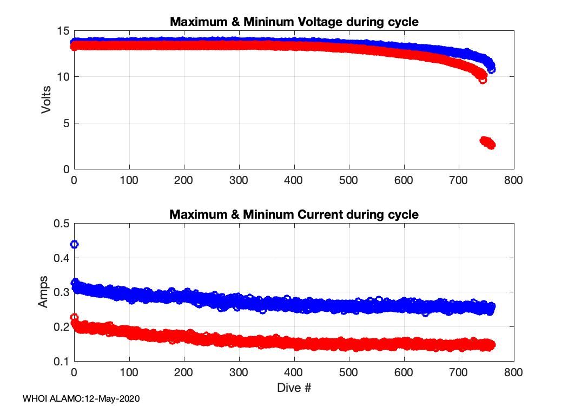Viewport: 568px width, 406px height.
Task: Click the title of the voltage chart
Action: tap(294, 22)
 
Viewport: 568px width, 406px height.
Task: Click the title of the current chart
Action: tap(294, 214)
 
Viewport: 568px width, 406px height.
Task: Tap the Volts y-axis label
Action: tap(47, 100)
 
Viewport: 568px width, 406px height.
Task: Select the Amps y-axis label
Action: tap(43, 292)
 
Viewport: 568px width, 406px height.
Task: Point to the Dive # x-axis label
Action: tap(294, 388)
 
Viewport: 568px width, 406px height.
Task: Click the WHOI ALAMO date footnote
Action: tap(82, 399)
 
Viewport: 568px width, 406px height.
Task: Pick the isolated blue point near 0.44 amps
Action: tap(75, 244)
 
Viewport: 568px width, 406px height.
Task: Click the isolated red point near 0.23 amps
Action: tap(75, 317)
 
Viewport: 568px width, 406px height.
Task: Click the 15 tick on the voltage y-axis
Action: tap(63, 31)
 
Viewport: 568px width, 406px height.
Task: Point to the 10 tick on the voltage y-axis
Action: tap(63, 77)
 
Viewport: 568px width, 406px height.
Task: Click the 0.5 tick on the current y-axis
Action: tap(61, 224)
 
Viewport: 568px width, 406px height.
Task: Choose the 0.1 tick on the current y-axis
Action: tap(61, 361)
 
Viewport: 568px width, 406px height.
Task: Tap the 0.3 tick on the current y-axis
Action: tap(61, 292)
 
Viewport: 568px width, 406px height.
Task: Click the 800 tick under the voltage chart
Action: tap(513, 180)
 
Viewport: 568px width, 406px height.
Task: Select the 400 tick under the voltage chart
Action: tap(294, 180)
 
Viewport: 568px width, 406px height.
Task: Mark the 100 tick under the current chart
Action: tap(129, 372)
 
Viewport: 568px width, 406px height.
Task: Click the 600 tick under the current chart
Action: tap(404, 372)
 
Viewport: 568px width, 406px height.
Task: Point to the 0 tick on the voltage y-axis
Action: tap(66, 169)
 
